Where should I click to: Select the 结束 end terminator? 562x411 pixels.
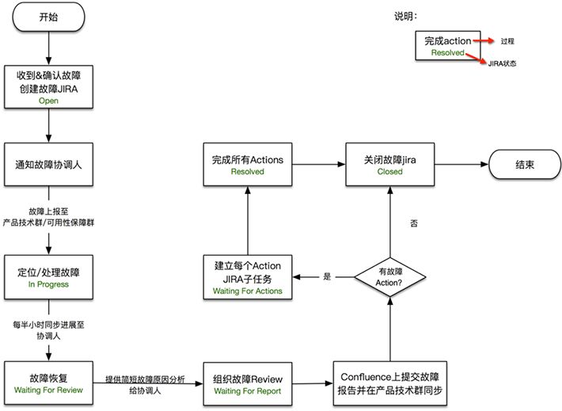[x=523, y=166]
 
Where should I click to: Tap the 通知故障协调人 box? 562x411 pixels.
[x=49, y=166]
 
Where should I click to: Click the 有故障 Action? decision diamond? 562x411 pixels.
[x=390, y=277]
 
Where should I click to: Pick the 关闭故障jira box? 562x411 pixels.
[x=389, y=165]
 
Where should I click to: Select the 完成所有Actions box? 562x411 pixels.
[x=247, y=165]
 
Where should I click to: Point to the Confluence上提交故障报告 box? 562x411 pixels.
[x=389, y=384]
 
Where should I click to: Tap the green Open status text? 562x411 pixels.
[x=49, y=101]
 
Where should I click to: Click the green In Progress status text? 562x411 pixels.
[x=49, y=284]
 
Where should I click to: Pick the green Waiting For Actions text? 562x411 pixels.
[x=247, y=291]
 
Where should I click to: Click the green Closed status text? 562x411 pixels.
[x=389, y=171]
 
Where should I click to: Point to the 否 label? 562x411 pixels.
[x=414, y=224]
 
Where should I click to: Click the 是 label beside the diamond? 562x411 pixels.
[x=327, y=277]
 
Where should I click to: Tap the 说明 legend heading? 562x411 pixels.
[x=406, y=16]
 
